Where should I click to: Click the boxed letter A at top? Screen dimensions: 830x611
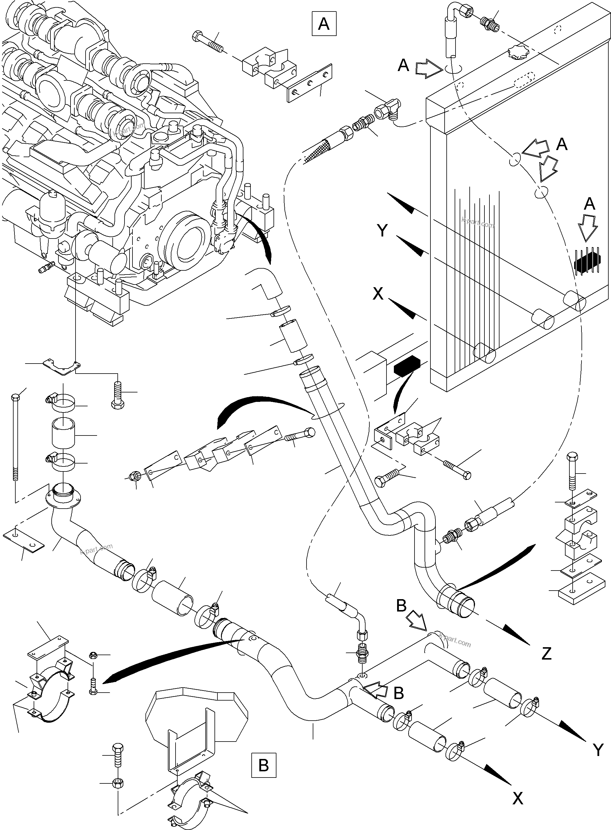[324, 24]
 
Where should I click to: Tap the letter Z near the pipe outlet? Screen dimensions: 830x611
[546, 653]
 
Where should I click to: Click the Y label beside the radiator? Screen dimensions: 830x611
[382, 231]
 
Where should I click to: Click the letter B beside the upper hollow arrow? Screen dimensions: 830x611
[401, 606]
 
